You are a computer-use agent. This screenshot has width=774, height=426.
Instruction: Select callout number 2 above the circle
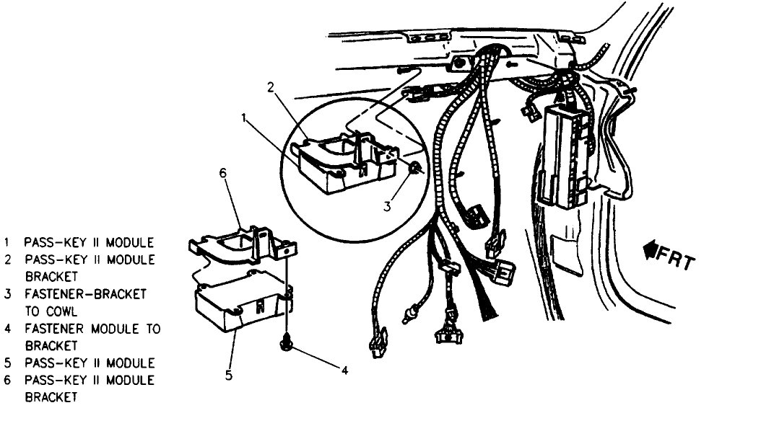tap(270, 88)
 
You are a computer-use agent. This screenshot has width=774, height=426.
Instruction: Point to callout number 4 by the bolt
tap(344, 370)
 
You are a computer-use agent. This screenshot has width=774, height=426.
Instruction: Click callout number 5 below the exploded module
tap(228, 374)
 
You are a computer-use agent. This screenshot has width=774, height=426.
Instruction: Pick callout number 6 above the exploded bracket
tap(223, 173)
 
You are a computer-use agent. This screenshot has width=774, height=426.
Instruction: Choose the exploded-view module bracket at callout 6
tap(238, 245)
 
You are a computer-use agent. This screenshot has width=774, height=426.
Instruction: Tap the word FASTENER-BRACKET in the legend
tap(85, 294)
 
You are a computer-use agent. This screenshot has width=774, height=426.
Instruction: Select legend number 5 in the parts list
tap(7, 363)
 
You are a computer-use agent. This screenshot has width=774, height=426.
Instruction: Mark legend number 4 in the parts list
tap(7, 329)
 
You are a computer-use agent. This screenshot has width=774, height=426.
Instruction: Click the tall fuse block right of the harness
tap(570, 155)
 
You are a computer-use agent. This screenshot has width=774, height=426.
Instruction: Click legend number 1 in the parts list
tap(7, 242)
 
